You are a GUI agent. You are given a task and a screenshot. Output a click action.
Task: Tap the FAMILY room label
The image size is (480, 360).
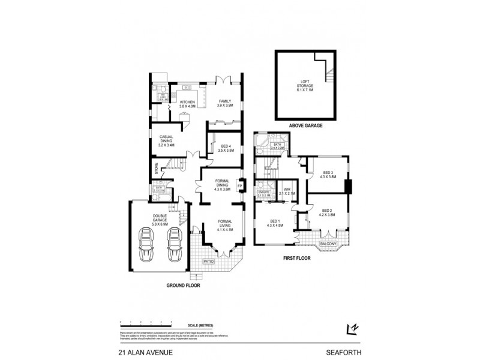coord(224,103)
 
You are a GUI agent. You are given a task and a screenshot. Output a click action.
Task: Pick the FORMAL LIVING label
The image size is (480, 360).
coord(224,226)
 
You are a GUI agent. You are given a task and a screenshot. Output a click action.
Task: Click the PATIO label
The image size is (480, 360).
coord(208,262)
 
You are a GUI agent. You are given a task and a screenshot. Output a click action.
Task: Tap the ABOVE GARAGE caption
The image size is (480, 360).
coord(307,126)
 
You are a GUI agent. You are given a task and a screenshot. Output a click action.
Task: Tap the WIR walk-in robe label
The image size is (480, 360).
coord(287,191)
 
